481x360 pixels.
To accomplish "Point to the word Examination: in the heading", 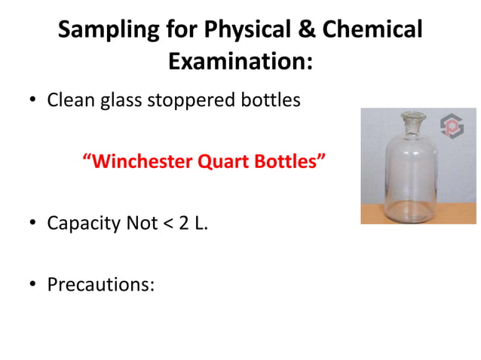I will tap(240, 63).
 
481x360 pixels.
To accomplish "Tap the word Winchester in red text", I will tap(140, 162).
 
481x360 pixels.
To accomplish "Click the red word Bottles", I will tap(294, 162).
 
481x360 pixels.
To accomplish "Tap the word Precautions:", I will tap(100, 285).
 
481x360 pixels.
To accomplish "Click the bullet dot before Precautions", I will tap(32, 285).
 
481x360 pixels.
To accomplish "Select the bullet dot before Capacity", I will tap(32, 224).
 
